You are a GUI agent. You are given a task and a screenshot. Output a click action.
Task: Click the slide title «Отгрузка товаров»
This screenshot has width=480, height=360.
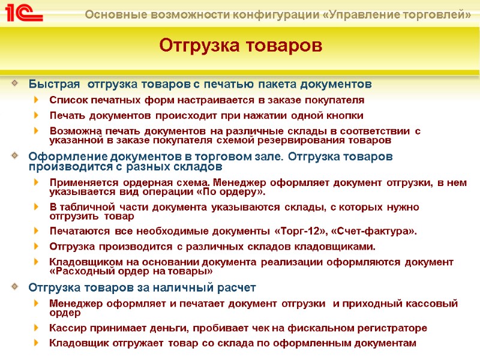[x=241, y=45]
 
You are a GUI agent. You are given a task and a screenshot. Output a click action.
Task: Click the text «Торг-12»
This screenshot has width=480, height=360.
[x=298, y=230]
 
